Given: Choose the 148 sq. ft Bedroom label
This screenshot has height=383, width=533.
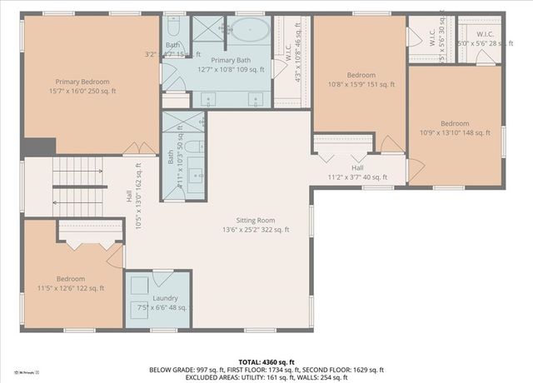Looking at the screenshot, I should tap(455, 127).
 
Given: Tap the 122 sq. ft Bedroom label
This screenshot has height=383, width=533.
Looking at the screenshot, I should tap(71, 283).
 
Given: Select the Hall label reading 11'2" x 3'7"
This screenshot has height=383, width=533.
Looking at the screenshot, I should tap(357, 172).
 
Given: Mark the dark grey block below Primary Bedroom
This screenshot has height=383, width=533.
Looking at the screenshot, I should tap(39, 147).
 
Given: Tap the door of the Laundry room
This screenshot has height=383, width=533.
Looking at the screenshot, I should tap(163, 278).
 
